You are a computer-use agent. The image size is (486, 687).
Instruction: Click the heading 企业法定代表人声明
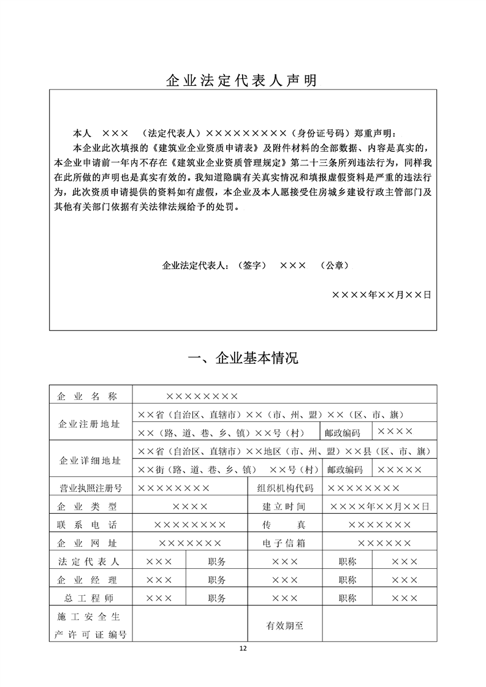(243, 80)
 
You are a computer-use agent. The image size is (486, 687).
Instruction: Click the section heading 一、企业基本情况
(243, 359)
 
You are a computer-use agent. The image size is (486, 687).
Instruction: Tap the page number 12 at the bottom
(243, 648)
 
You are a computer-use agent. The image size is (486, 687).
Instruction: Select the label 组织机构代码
(287, 488)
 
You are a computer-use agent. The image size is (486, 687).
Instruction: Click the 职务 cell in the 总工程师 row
(217, 598)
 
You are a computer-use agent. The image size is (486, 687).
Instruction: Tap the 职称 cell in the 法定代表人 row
(347, 561)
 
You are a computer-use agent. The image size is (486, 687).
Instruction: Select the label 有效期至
(285, 626)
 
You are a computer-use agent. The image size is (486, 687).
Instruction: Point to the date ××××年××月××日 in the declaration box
(381, 295)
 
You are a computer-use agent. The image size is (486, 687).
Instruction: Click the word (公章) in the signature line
(335, 266)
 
